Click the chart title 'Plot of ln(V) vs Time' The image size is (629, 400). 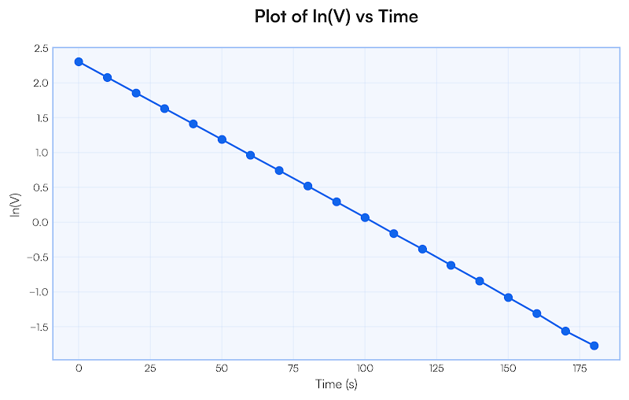336,17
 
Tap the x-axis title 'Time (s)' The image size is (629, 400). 336,384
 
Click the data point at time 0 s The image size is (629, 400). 79,61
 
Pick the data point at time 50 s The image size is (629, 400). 222,139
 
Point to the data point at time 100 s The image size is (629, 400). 365,217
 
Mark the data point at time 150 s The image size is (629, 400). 508,298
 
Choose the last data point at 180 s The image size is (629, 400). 594,346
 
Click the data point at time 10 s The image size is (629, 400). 107,77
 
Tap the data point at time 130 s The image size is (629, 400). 451,265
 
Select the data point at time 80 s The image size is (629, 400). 307,186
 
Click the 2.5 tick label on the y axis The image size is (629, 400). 41,49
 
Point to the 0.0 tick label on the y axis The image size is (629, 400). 41,223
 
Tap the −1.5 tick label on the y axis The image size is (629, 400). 39,327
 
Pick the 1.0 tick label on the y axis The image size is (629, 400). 41,153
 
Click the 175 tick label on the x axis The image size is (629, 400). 579,369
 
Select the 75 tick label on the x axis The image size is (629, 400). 293,369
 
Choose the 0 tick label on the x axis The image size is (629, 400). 79,369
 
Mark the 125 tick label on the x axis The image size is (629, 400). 436,369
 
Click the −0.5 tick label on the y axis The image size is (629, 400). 39,257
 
